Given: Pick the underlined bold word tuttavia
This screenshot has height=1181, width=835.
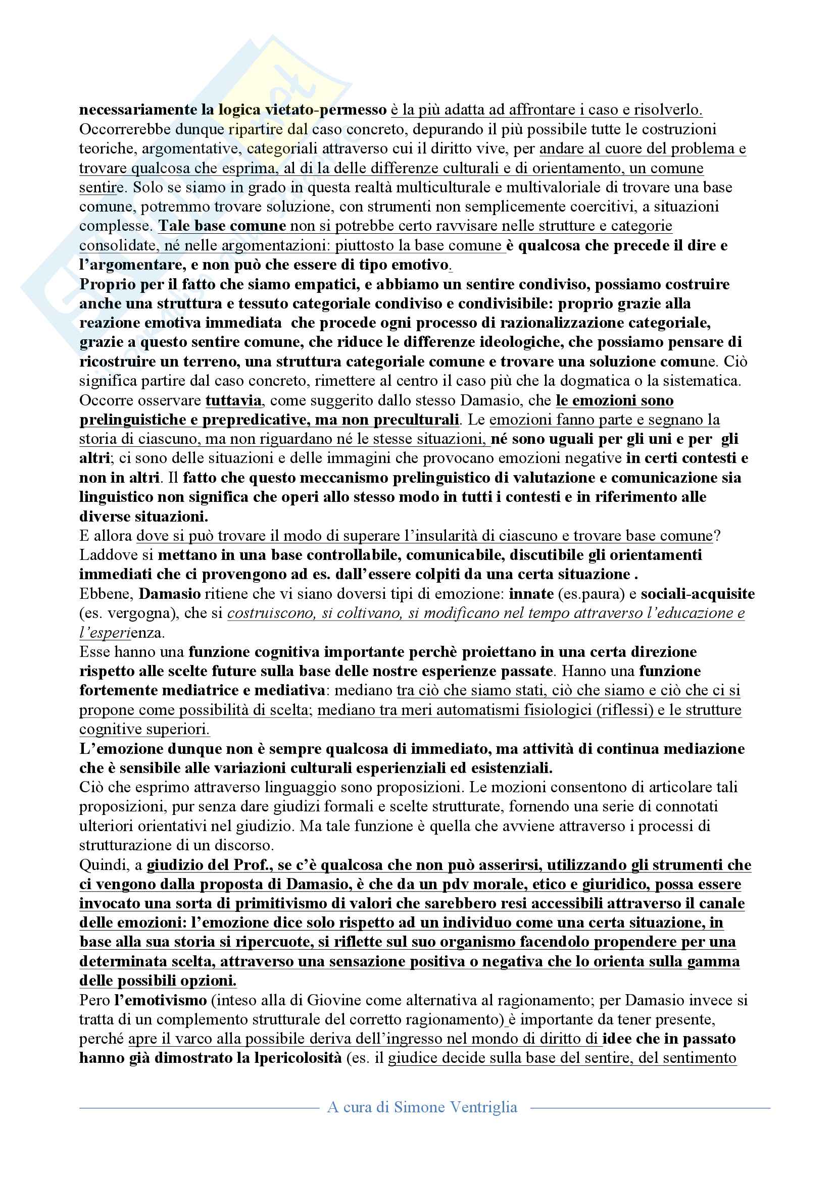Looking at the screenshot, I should click(x=233, y=401).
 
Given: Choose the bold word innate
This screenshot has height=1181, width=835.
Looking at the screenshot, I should click(x=531, y=594).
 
